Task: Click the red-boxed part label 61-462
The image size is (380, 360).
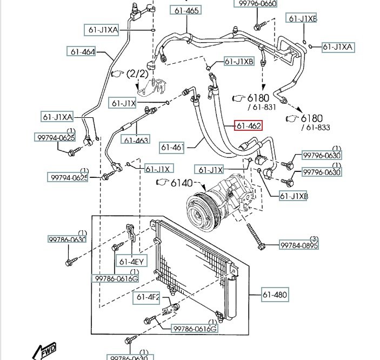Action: [248, 126]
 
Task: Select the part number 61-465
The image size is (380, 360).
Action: [185, 10]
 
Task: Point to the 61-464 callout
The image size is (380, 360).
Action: [81, 52]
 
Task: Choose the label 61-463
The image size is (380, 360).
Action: [136, 141]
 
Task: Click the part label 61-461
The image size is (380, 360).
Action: [172, 146]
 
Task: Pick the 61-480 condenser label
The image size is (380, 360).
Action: [275, 295]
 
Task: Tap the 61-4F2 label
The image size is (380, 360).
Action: [147, 297]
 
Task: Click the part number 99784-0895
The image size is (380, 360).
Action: [299, 246]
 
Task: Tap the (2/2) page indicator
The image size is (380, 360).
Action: [137, 73]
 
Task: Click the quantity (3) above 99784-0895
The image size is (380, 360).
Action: [314, 239]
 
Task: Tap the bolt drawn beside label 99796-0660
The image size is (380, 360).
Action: [258, 24]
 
